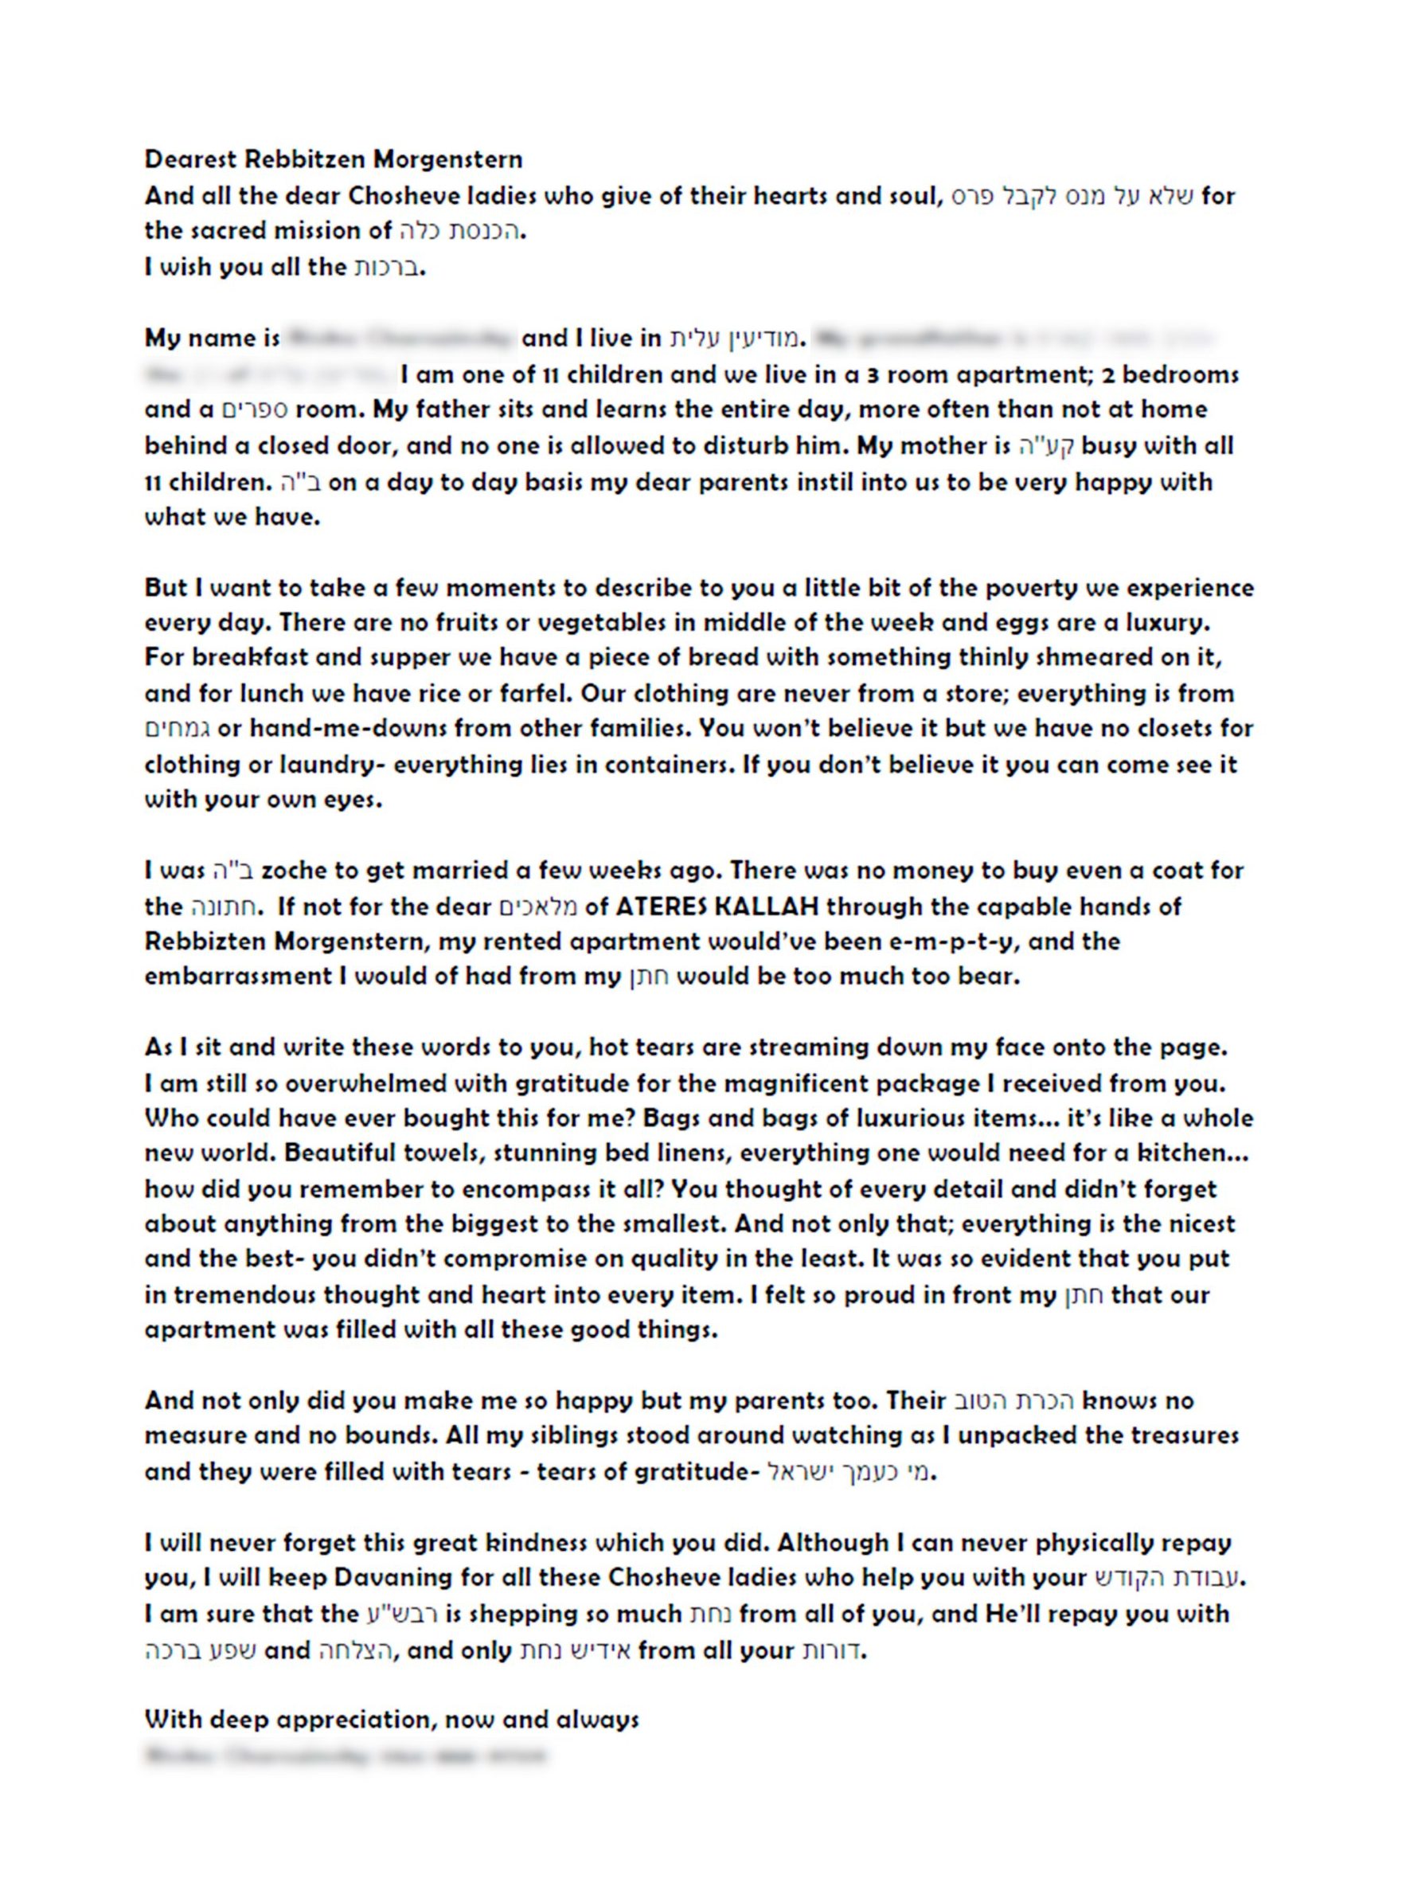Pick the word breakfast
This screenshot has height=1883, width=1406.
tap(236, 657)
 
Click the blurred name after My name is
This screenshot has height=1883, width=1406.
tap(400, 339)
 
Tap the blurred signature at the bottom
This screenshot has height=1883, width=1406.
tap(345, 1756)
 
